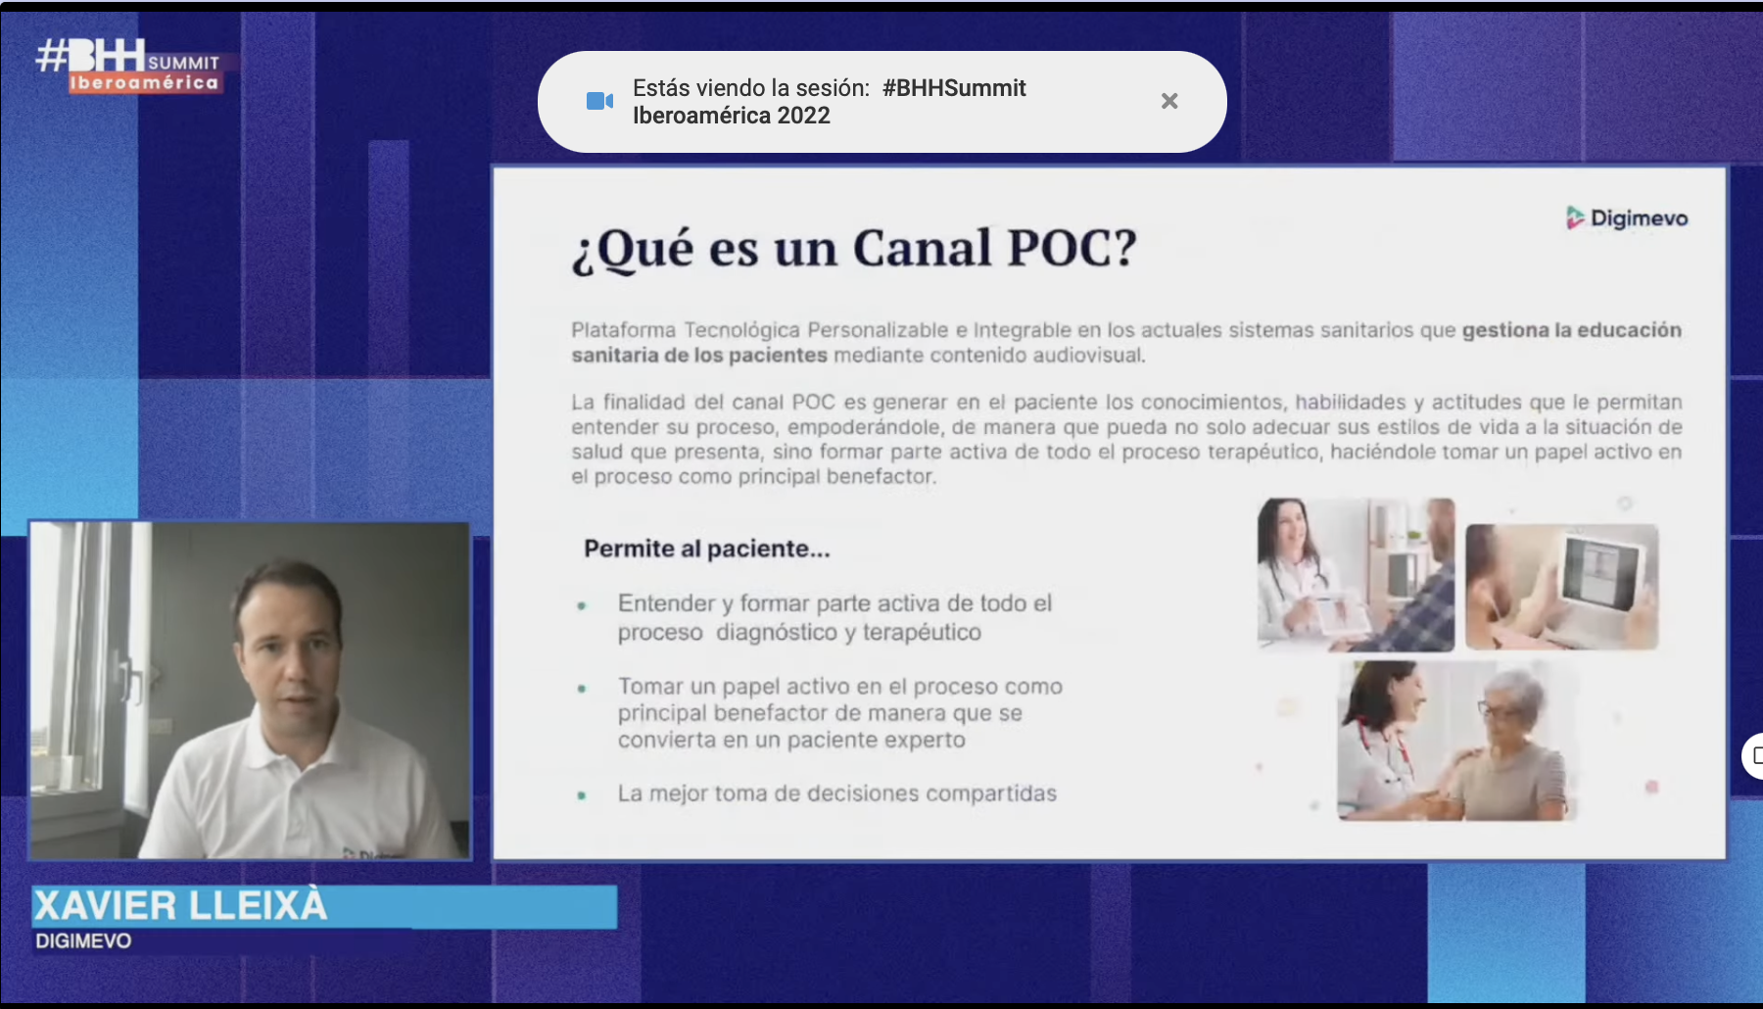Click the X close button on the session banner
click(1169, 101)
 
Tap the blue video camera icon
click(599, 101)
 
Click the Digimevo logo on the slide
click(1627, 217)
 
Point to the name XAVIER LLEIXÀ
click(181, 906)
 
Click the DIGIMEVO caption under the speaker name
click(83, 941)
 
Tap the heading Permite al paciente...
click(706, 549)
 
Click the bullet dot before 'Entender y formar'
click(582, 606)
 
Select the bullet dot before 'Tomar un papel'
click(582, 689)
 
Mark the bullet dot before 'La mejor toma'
click(582, 795)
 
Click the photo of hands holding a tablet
click(1562, 587)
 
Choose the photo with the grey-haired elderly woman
click(1457, 741)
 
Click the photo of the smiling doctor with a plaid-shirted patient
click(1357, 575)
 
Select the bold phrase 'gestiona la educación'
click(1572, 330)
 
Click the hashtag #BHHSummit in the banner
click(954, 88)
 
